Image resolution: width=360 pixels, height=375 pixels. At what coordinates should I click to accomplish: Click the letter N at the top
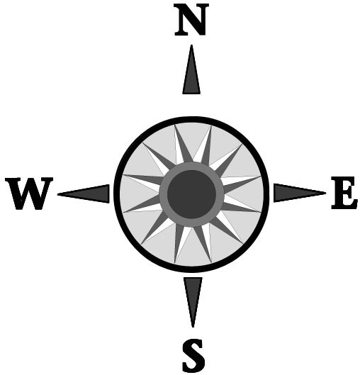pos(191,20)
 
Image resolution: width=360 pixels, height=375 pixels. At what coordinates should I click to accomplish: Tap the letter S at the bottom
pos(193,356)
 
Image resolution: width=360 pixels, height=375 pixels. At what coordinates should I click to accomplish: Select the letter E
pos(344,193)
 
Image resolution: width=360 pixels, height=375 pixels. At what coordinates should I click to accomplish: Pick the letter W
pos(28,194)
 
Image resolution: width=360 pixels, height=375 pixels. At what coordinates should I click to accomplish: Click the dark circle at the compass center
pos(192,194)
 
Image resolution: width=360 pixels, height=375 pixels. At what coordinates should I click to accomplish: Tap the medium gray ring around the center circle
pos(192,166)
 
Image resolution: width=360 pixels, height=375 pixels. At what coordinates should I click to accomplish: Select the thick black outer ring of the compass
pos(192,120)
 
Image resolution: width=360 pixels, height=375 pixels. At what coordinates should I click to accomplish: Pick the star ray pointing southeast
pos(226,230)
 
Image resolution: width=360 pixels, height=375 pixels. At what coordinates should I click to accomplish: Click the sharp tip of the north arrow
pos(191,45)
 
